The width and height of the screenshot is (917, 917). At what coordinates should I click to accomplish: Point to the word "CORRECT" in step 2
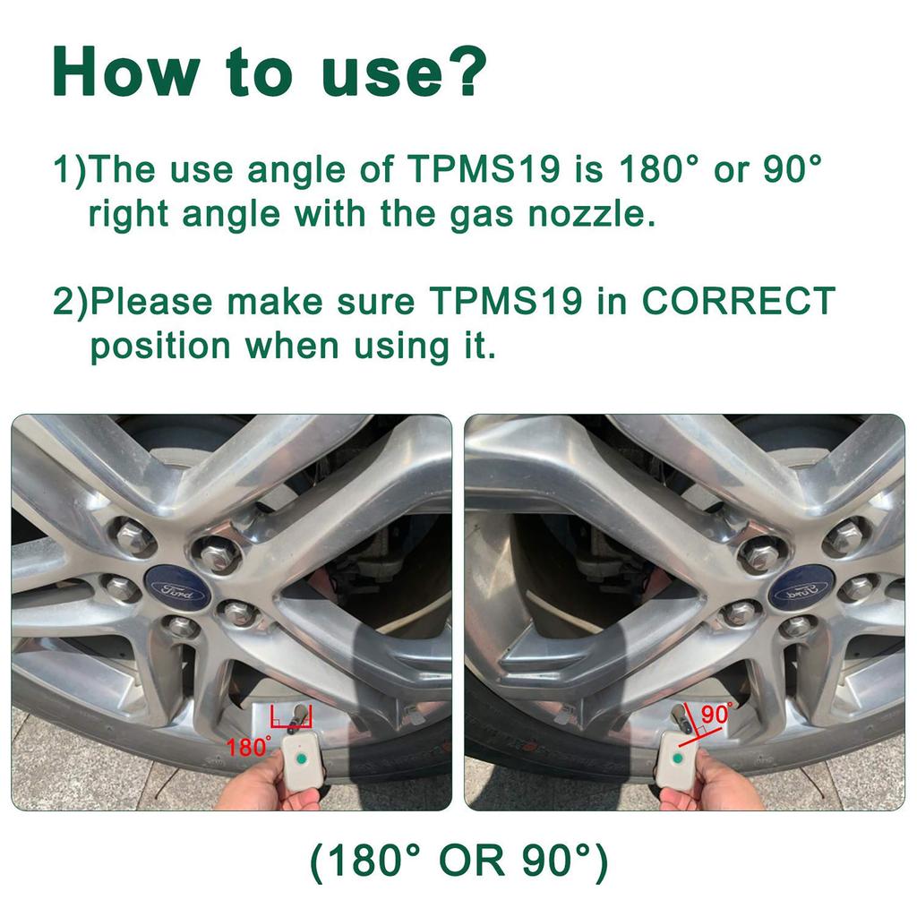[x=738, y=302]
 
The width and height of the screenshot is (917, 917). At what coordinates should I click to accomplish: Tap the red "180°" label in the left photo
[x=248, y=747]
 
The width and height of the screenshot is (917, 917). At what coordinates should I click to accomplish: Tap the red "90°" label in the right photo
[x=716, y=714]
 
